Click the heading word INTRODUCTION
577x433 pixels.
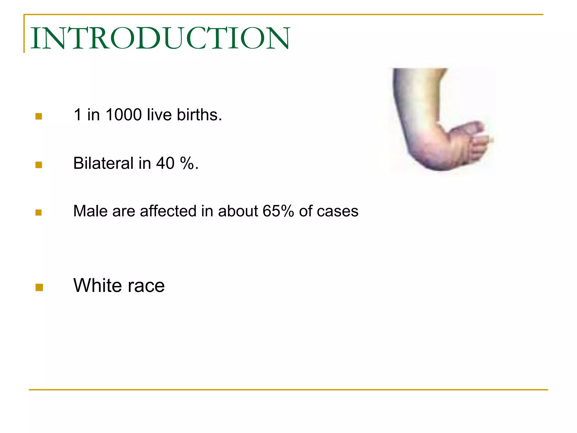tap(160, 38)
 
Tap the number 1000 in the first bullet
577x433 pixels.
tap(123, 115)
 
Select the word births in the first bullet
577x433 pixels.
tap(199, 115)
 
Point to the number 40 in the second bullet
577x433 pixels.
tap(165, 163)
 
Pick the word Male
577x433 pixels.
tap(90, 211)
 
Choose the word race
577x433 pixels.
tap(146, 286)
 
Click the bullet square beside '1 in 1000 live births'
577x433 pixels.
tap(39, 116)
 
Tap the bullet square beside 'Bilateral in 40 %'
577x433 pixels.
tap(39, 165)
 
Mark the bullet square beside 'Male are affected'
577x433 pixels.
tap(39, 212)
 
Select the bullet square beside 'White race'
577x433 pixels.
tap(39, 287)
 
